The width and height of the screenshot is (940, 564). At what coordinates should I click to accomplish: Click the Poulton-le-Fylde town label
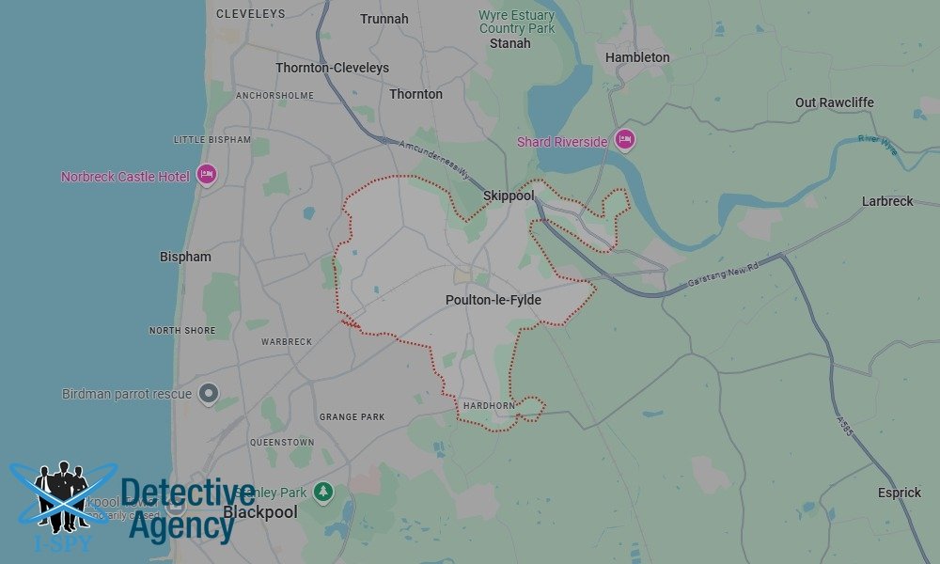(x=493, y=301)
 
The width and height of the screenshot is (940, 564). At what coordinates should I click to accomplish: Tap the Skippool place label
(x=509, y=196)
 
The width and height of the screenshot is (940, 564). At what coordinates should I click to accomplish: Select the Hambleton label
(x=637, y=57)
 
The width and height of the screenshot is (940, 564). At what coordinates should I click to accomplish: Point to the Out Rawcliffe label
(x=835, y=102)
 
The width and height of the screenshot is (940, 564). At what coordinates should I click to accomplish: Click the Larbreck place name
(x=887, y=201)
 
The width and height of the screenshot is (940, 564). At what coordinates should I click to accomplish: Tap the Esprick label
(x=899, y=493)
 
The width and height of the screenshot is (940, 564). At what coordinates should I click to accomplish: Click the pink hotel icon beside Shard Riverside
(x=625, y=141)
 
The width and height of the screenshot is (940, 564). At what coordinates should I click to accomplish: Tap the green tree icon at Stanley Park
(x=323, y=492)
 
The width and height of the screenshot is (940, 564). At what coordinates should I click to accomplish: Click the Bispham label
(x=185, y=257)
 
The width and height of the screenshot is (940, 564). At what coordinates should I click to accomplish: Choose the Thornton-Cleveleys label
(x=332, y=68)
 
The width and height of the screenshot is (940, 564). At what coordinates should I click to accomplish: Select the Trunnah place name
(x=384, y=19)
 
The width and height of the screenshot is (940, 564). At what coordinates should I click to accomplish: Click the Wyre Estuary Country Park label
(x=517, y=22)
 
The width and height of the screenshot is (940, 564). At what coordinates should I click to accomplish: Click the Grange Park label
(x=352, y=416)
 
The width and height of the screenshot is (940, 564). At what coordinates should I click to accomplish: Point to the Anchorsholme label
(x=274, y=96)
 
